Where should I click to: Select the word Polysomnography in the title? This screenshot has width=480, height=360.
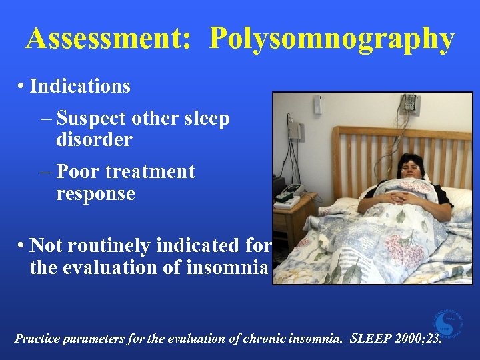point(331,40)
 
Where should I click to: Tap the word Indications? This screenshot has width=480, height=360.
point(80,87)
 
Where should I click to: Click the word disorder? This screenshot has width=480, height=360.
point(94,140)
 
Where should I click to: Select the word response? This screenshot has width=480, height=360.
point(95,194)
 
